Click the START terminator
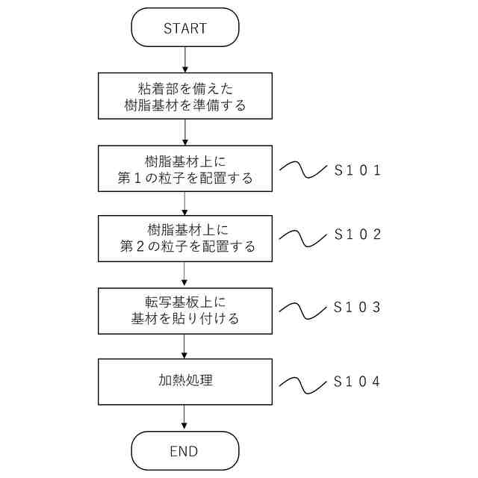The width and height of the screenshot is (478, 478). coord(184,28)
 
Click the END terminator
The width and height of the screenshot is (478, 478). coord(184,451)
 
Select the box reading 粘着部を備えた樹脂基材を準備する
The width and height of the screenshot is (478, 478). coord(184,95)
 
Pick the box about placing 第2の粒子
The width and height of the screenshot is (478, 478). coord(184,238)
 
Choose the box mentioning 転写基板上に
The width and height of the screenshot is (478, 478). coord(184,310)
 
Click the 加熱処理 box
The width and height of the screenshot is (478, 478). coord(184,381)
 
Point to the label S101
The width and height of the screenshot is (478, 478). coord(358,170)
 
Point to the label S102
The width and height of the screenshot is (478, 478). coord(358,234)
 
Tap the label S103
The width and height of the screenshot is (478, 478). coord(358,307)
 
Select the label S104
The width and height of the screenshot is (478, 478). coord(358,382)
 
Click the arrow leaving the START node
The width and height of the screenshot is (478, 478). coord(184,59)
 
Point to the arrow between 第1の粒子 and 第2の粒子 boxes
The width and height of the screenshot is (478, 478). coord(184,203)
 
